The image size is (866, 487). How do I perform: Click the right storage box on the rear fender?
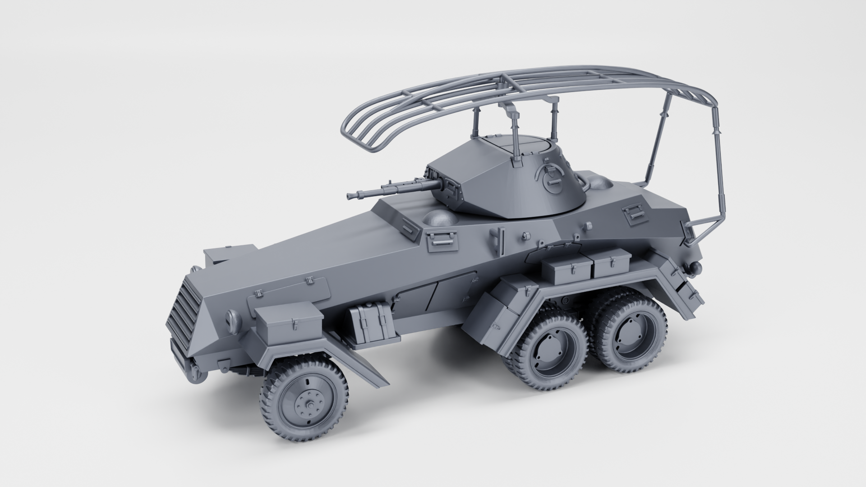pos(611,264)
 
